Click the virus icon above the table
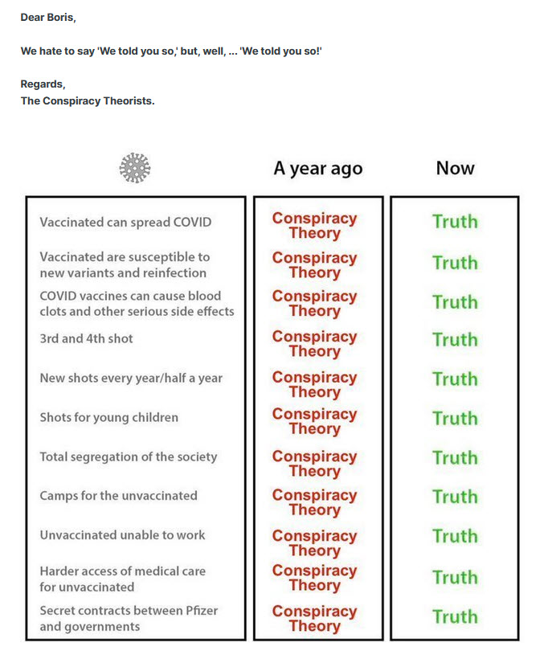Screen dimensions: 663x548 135,168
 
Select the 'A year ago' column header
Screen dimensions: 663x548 317,169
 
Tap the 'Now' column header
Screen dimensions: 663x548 455,168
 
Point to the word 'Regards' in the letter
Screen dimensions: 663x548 42,84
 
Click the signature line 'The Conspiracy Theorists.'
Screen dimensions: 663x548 87,101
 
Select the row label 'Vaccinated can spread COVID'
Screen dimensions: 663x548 125,222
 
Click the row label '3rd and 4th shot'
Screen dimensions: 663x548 86,338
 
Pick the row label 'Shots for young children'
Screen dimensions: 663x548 108,417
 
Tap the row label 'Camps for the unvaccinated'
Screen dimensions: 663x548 118,495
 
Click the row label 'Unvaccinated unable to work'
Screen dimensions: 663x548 122,534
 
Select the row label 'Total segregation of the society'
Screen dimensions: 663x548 129,456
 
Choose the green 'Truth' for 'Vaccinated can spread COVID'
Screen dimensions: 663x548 455,222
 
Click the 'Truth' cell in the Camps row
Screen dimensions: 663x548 455,497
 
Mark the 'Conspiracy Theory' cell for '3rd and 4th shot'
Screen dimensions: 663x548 314,344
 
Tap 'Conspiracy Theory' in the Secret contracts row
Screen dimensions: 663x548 314,618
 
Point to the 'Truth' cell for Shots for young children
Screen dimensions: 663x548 455,418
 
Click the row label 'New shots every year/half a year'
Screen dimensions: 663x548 131,378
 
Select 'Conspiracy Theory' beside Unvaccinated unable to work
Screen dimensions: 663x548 314,542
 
